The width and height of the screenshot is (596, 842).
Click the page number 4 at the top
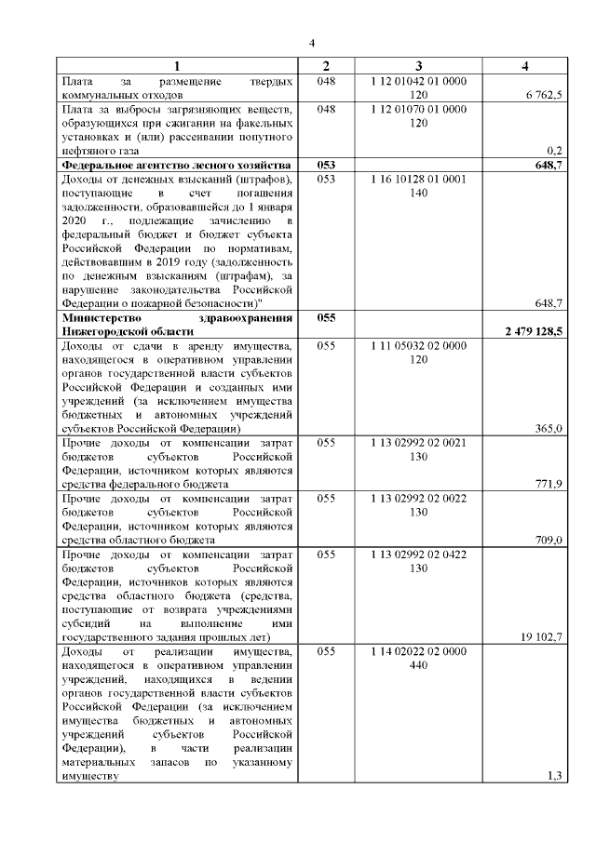(x=312, y=43)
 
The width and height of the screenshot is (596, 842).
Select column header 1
(x=177, y=65)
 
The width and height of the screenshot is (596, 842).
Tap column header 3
(x=418, y=65)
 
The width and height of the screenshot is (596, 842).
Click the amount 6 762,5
(x=543, y=95)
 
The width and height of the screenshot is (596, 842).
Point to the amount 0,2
(x=555, y=150)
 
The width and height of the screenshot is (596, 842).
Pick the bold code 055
(x=326, y=318)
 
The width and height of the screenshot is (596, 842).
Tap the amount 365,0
(x=549, y=429)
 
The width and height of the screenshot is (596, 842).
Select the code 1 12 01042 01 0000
(x=418, y=81)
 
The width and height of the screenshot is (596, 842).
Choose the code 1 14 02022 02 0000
(x=418, y=651)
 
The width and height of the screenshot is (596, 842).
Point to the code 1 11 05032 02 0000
(x=418, y=345)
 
